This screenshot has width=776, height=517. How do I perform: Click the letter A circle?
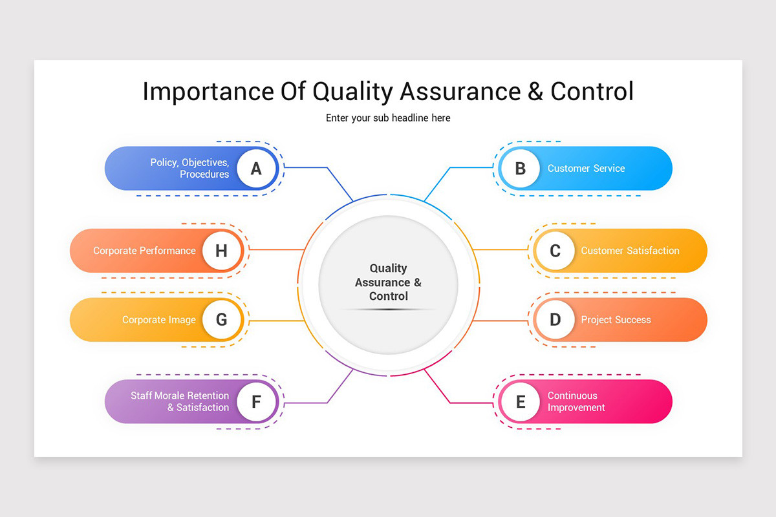[256, 169]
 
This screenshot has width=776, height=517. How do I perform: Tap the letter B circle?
[520, 169]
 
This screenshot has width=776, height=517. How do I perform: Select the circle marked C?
[555, 251]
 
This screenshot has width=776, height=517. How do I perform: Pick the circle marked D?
[555, 320]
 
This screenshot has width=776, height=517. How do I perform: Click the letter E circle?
[520, 402]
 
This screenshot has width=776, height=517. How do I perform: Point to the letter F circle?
[256, 402]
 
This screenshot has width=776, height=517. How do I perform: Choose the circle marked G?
[221, 320]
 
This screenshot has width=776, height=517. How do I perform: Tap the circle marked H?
[221, 251]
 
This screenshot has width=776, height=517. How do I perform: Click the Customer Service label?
[586, 169]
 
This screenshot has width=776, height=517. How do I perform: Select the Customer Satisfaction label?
[630, 251]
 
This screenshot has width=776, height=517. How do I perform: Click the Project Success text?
[616, 320]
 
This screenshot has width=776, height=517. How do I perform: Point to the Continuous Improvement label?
[576, 401]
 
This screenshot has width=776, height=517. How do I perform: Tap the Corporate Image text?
[158, 320]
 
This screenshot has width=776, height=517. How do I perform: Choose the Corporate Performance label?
[144, 251]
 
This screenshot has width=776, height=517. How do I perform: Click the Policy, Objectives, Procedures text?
[189, 169]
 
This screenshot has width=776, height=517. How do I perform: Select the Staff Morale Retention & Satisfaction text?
[180, 401]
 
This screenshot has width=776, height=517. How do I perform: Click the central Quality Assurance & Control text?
[388, 282]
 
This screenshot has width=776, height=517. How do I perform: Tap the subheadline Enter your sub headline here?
[388, 118]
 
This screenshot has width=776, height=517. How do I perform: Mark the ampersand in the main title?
[535, 92]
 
